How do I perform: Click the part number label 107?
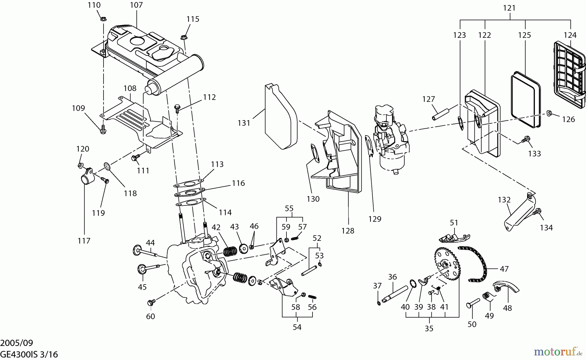tap(136, 5)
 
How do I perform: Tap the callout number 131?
tap(244, 123)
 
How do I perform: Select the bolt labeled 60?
tap(150, 303)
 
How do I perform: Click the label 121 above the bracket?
tap(509, 8)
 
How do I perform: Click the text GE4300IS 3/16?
tap(29, 354)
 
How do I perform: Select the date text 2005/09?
tap(17, 343)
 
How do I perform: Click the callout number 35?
tap(429, 328)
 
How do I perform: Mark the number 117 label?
tap(84, 241)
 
